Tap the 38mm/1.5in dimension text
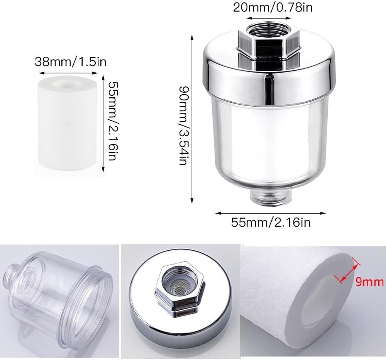(70, 61)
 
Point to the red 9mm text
(369, 282)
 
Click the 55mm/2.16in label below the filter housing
(271, 223)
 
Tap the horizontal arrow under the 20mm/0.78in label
(269, 18)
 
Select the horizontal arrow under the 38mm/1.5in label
(68, 73)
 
